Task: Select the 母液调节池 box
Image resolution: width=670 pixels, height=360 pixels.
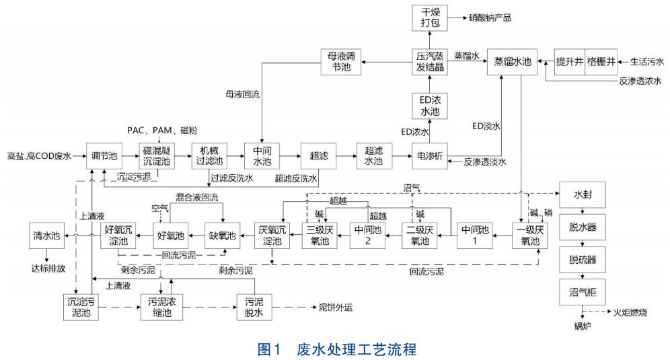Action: tap(340, 61)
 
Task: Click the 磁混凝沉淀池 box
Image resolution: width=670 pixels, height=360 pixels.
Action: tap(157, 156)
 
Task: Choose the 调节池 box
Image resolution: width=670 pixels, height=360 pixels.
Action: tap(104, 156)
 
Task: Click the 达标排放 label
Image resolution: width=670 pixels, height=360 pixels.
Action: tap(46, 266)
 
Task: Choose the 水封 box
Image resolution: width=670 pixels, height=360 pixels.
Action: tap(579, 195)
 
